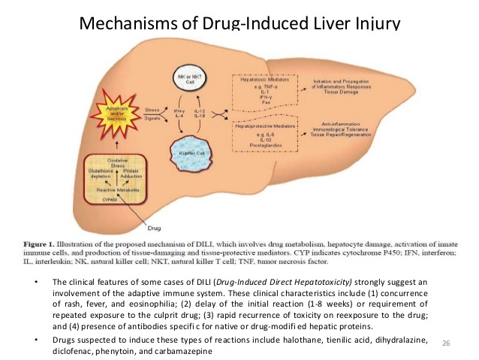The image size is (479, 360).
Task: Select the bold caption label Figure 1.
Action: point(43,244)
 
